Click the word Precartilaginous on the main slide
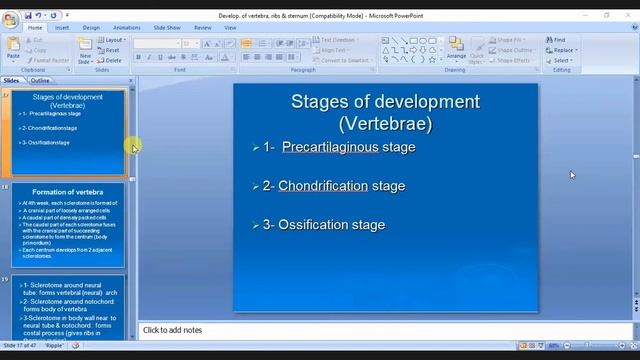point(330,147)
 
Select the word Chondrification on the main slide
point(323,186)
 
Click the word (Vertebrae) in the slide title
point(385,124)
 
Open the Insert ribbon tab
point(62,28)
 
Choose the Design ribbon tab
point(91,28)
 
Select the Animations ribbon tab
point(126,28)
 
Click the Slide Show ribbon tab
point(167,28)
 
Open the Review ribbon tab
point(203,28)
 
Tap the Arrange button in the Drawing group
point(456,52)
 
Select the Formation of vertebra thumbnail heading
point(67,192)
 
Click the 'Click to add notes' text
point(172,330)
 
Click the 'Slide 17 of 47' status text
point(20,345)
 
